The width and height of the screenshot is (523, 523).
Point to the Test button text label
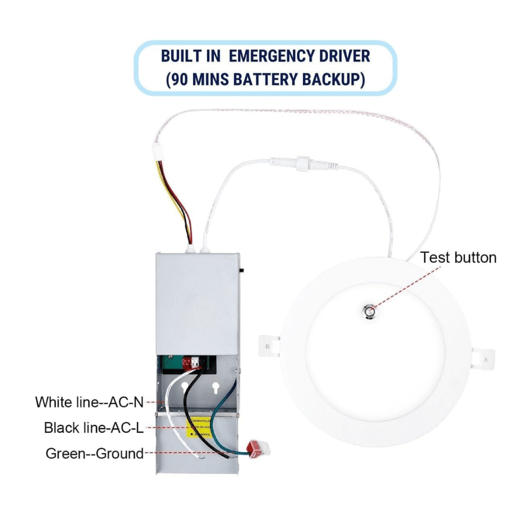(x=458, y=257)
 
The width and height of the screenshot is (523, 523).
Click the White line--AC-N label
(x=89, y=402)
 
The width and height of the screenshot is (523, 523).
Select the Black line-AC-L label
(x=94, y=428)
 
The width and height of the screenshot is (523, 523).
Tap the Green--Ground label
(x=95, y=453)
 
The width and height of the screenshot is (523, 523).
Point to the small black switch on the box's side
(x=242, y=270)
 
